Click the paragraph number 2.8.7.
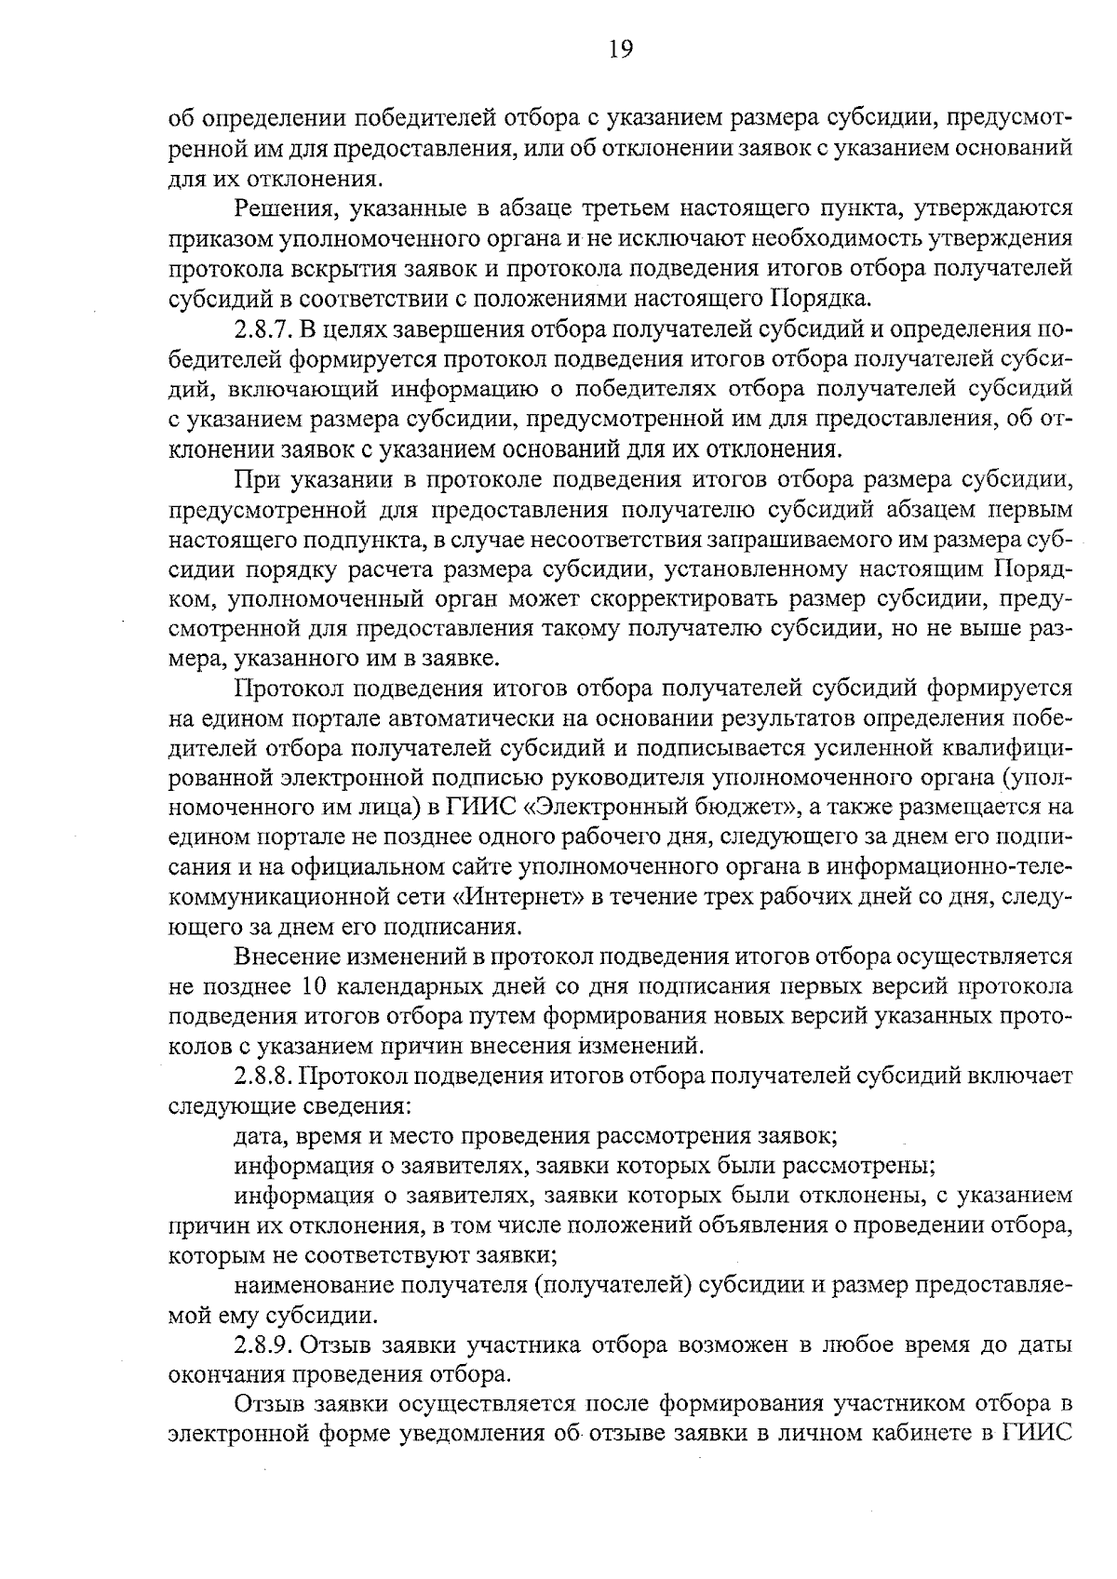tap(263, 330)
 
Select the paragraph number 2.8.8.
tap(263, 1077)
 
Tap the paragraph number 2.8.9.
tap(263, 1345)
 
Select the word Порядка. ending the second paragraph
tap(824, 299)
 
